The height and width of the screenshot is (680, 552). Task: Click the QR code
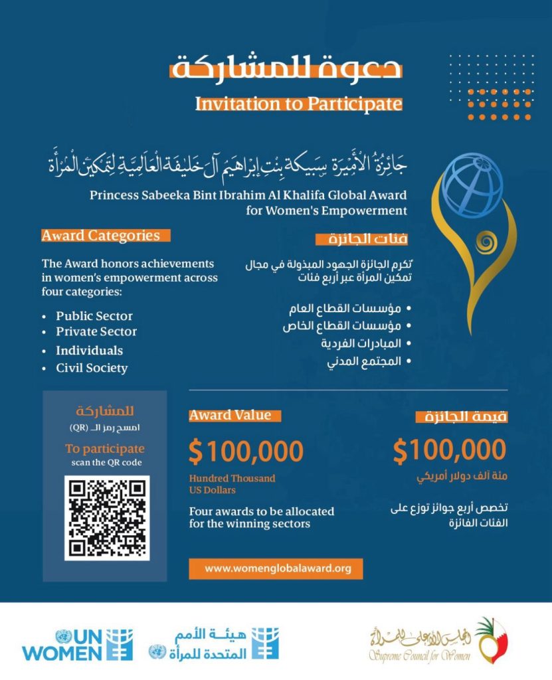pos(107,517)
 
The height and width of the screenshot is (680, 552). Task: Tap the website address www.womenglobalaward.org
pos(277,568)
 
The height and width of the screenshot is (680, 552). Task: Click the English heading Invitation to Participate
pos(298,104)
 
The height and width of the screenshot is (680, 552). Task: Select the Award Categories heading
pos(101,235)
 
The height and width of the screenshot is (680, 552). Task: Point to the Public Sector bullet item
pos(94,316)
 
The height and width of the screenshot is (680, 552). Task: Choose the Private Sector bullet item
pos(96,331)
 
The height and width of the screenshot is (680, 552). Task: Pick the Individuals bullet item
pos(89,350)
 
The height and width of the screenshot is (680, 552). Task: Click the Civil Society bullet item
pos(92,368)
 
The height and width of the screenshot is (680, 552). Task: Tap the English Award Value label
pos(230,415)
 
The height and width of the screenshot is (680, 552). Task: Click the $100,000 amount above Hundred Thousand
pos(246,452)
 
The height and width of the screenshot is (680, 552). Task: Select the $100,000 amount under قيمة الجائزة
pos(449,450)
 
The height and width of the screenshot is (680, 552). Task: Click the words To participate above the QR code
pos(104,448)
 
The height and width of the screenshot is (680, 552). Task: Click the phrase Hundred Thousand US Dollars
pos(232,484)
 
